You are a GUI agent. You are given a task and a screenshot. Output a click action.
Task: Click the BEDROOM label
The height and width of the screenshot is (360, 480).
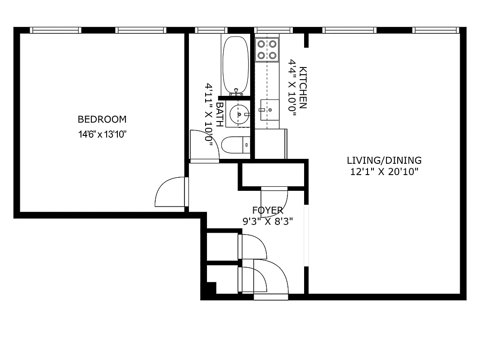click(x=102, y=119)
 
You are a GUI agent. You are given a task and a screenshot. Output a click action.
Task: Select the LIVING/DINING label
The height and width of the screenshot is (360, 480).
click(x=384, y=160)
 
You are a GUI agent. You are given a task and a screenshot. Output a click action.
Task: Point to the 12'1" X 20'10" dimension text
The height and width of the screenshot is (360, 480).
click(x=384, y=171)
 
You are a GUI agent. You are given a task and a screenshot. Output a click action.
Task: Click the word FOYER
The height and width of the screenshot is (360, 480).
click(x=268, y=210)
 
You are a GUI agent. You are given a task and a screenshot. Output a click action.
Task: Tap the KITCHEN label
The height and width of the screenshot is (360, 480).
click(x=303, y=88)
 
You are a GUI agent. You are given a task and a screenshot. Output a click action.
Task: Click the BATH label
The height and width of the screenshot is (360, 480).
click(x=220, y=114)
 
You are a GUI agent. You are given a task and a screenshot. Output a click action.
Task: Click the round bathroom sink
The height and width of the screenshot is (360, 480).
click(x=238, y=114)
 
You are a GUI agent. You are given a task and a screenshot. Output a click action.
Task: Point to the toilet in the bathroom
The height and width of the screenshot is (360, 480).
click(x=234, y=145)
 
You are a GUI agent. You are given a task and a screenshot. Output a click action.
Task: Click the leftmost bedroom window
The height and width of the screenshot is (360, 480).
click(x=55, y=30)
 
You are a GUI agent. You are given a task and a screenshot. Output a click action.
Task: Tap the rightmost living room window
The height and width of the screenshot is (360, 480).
click(x=435, y=30)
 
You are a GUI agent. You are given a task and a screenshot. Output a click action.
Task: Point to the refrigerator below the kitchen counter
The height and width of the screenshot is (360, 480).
click(x=271, y=144)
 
